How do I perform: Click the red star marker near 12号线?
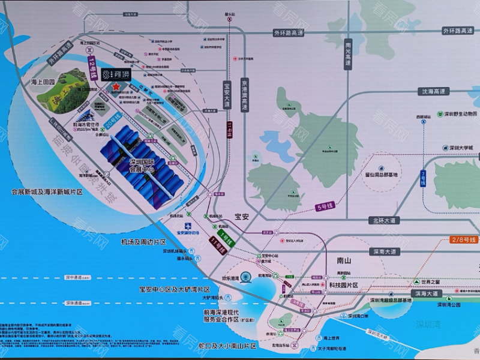pyautogui.click(x=115, y=88)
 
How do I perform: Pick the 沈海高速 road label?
pyautogui.click(x=434, y=92)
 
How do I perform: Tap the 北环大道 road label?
pyautogui.click(x=385, y=220)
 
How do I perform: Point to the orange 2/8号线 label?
pyautogui.click(x=463, y=240)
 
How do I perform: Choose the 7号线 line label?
pyautogui.click(x=424, y=178)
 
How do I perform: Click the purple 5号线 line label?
pyautogui.click(x=325, y=208)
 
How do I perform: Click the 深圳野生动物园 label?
pyautogui.click(x=456, y=114)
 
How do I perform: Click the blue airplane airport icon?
pyautogui.click(x=188, y=224)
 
